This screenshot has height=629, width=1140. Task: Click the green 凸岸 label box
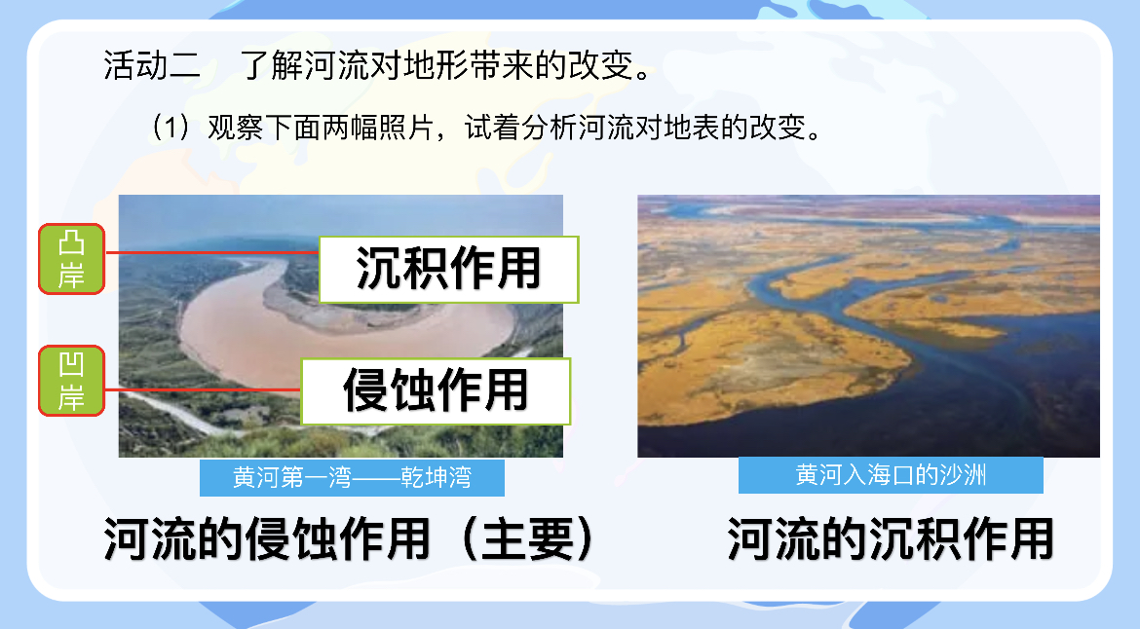point(71,259)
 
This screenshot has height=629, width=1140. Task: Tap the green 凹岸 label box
point(71,381)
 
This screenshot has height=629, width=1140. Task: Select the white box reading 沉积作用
point(448,270)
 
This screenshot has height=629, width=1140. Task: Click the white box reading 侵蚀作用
point(436,390)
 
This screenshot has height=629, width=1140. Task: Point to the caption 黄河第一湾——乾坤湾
point(352,477)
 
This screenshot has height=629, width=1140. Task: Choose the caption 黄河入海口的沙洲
point(891,475)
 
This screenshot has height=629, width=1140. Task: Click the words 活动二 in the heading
point(152,65)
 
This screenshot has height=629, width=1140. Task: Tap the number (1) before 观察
point(171,128)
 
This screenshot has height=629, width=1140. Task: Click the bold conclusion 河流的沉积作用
point(891,539)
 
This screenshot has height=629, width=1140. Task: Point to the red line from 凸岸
point(211,252)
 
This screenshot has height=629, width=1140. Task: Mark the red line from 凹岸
point(203,390)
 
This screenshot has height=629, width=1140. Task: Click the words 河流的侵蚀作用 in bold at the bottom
point(267,539)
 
